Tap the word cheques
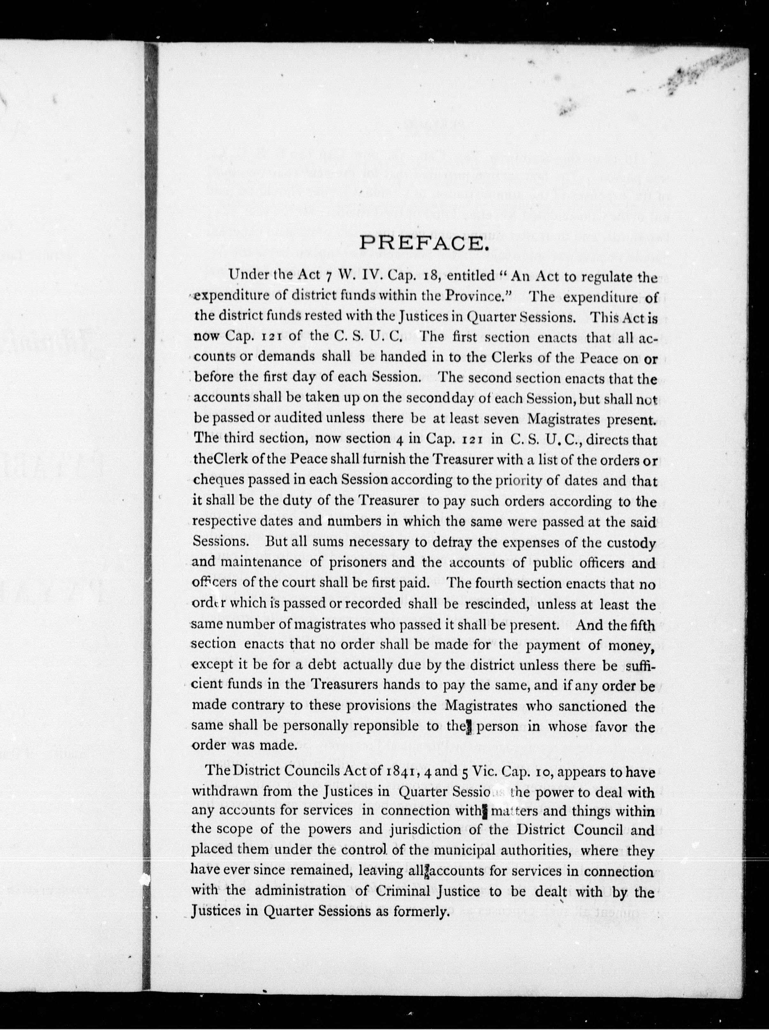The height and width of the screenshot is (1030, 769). tap(218, 480)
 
